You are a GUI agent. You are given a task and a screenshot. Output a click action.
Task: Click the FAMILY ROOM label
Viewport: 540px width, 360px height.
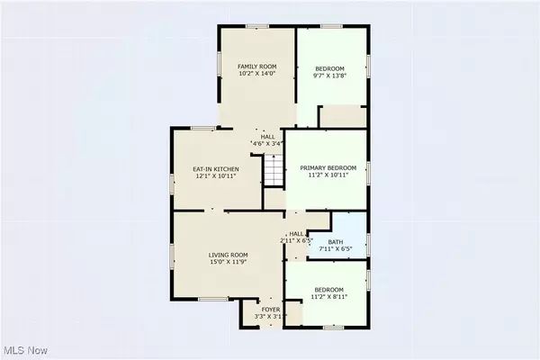[256, 67]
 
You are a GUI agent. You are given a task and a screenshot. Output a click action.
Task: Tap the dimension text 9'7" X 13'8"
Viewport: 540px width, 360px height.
[329, 76]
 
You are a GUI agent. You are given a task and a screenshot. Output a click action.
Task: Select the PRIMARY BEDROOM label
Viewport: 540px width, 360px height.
[328, 167]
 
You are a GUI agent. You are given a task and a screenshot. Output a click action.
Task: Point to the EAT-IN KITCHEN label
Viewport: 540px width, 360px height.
[216, 169]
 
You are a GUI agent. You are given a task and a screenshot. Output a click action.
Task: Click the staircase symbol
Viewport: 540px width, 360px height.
[274, 170]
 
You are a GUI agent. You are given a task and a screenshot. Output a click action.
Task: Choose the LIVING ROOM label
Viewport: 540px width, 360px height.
[228, 255]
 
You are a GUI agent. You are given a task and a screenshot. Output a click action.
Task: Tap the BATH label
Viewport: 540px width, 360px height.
[336, 242]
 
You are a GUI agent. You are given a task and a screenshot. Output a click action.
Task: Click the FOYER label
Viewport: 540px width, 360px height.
[271, 310]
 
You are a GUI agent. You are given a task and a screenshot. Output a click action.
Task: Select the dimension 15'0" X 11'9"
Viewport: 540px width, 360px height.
[228, 262]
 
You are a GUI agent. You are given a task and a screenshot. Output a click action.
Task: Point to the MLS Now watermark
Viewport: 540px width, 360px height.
[25, 350]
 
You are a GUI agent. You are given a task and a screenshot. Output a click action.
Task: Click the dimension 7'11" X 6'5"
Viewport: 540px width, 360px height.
[336, 248]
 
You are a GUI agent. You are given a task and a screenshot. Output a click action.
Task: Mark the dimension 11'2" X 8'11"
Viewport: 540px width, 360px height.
[328, 297]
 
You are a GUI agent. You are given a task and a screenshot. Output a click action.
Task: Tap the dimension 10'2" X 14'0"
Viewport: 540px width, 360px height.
[256, 74]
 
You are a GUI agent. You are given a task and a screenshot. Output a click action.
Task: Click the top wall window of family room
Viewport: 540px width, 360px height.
[257, 26]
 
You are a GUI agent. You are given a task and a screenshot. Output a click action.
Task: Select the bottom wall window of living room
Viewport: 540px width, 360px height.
[213, 299]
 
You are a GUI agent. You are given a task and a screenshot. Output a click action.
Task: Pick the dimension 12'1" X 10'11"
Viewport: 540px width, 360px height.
[216, 176]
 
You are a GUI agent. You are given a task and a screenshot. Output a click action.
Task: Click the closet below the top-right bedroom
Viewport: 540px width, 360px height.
[344, 117]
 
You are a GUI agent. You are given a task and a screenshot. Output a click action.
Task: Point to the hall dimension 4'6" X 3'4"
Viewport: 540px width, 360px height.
[267, 144]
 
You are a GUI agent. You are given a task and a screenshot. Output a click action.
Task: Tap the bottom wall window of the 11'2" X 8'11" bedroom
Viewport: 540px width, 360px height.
[333, 328]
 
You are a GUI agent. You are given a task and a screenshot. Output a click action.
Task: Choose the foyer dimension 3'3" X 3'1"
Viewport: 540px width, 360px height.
[271, 316]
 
